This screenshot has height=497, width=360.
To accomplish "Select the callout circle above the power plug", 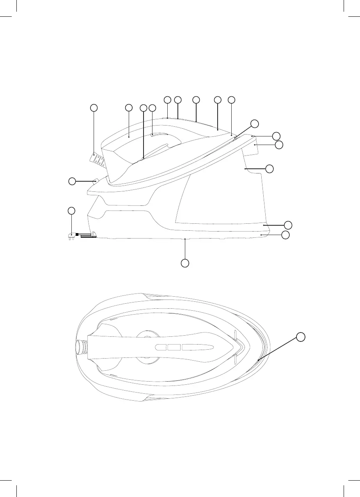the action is point(71,211).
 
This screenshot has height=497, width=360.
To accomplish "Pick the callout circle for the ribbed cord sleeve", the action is point(94,108).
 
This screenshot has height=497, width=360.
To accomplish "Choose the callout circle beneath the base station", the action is point(185,263).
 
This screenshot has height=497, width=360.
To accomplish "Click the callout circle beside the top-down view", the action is point(300,337).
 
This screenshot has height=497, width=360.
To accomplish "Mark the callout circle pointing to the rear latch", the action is point(72,181).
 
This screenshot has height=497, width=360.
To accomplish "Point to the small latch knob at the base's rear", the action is point(95,180).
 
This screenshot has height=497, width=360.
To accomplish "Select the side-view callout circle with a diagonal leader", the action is point(254,124).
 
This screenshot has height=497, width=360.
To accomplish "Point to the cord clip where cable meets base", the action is point(94,234).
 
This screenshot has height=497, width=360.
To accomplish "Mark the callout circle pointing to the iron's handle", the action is point(128,107).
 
